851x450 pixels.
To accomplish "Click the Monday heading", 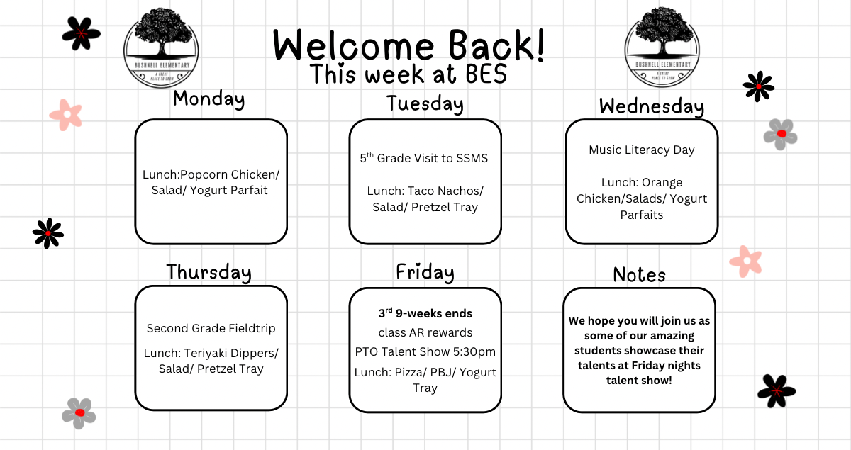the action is (208, 99).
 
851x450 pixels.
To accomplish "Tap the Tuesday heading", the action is (425, 104).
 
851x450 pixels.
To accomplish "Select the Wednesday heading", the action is (652, 107).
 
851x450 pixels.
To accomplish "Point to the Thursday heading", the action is (209, 272).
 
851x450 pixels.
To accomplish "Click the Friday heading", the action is (425, 272).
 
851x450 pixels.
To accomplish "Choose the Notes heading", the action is (640, 275).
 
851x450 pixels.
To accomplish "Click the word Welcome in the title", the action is (354, 46).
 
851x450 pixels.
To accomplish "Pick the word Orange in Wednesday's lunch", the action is (662, 183).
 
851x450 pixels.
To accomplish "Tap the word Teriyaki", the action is (206, 354).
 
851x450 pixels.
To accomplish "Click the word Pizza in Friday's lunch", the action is (410, 372).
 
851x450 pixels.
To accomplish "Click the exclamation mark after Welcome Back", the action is (539, 44).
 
